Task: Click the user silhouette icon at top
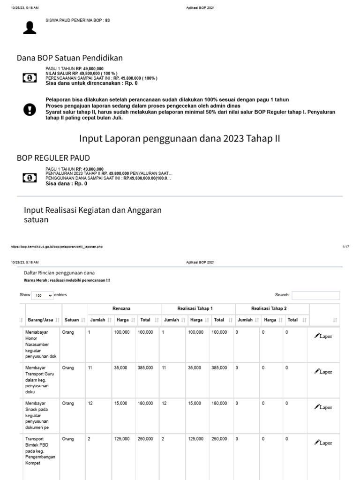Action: (x=30, y=28)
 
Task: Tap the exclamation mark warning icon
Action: (x=30, y=110)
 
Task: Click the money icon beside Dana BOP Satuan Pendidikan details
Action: (x=29, y=77)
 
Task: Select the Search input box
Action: (x=315, y=295)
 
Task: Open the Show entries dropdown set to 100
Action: (x=42, y=296)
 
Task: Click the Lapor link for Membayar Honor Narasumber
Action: (x=323, y=336)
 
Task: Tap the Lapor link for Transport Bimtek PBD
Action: (x=323, y=442)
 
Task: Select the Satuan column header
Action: (x=72, y=320)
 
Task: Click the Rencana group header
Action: (x=121, y=308)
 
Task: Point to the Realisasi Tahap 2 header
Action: (x=269, y=308)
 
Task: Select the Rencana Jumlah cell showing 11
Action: (x=90, y=368)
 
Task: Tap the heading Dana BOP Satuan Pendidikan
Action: (x=70, y=58)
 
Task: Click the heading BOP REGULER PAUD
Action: (x=53, y=157)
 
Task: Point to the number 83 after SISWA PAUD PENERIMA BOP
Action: (x=108, y=21)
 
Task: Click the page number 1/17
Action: (x=346, y=247)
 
